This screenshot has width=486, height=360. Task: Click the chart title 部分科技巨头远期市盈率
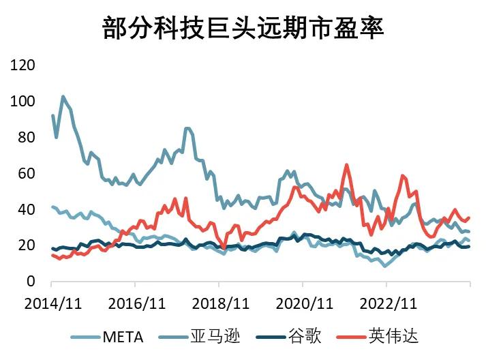coord(243,28)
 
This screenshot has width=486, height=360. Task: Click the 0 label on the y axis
coord(31,281)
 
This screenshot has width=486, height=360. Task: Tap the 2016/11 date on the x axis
coord(137,301)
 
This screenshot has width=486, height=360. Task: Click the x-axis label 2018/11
coord(221,301)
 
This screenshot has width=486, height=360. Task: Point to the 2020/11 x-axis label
coord(305,301)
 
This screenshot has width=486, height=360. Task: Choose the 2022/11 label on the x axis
coord(388,301)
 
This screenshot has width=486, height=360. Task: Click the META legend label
coord(123,336)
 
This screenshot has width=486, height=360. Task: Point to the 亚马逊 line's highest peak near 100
coord(63,97)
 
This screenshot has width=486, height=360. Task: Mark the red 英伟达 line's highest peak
coord(346,164)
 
